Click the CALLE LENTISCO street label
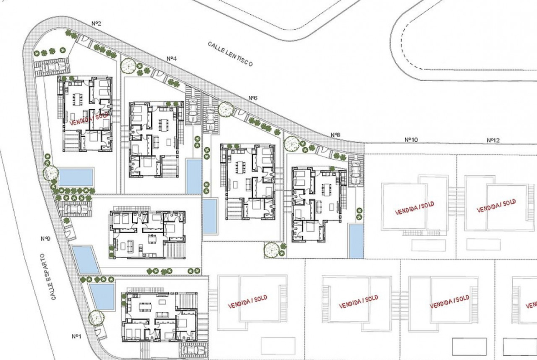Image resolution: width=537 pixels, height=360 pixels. [230, 54]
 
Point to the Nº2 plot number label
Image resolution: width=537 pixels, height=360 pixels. [96, 23]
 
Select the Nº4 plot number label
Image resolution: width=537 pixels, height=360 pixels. [172, 59]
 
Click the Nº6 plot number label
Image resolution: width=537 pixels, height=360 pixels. [253, 98]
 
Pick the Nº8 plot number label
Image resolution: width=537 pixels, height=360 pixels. [336, 135]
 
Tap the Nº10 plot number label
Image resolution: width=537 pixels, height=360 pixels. [411, 139]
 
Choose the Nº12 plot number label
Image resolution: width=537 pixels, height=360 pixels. [493, 140]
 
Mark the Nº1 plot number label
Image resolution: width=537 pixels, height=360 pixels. [76, 336]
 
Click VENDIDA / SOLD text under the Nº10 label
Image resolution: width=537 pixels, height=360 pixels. [414, 208]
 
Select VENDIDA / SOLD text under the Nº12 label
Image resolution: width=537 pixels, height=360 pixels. [496, 205]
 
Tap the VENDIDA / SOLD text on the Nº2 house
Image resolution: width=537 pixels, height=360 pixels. [89, 119]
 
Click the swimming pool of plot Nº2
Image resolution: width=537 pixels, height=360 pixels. [76, 177]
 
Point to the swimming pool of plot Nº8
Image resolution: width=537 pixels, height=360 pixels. [356, 241]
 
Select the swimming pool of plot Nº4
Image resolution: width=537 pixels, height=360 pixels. [194, 176]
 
